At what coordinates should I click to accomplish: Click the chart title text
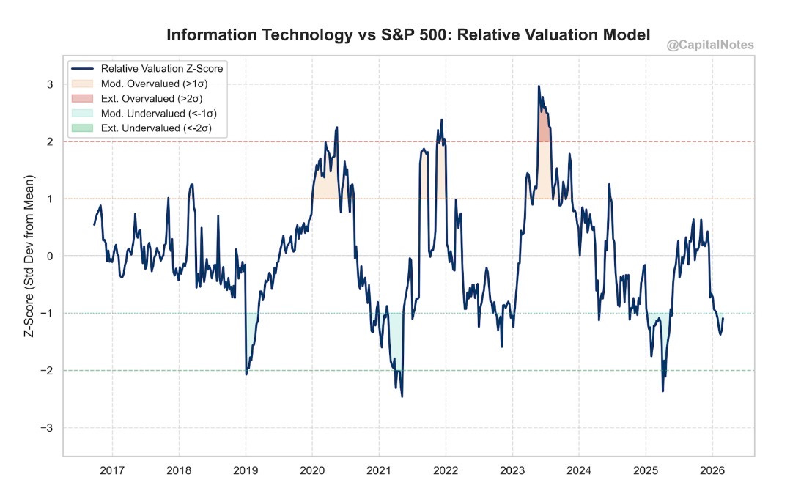pos(408,34)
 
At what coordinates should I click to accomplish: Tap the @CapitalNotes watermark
pos(710,46)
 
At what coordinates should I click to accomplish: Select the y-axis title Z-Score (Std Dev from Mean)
pos(31,256)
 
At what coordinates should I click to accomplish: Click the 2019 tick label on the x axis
pos(246,468)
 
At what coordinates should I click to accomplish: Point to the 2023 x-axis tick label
pos(512,468)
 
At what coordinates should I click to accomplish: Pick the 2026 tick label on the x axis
pos(712,468)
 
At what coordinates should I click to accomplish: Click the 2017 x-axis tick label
pos(112,468)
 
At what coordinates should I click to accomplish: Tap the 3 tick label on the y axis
pos(51,84)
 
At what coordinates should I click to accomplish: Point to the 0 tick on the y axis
pos(51,256)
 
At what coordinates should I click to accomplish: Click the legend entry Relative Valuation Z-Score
pos(162,68)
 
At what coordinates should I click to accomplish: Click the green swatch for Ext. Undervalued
pos(82,128)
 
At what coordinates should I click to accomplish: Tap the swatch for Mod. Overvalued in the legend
pos(82,84)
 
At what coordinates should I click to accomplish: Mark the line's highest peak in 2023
pos(539,86)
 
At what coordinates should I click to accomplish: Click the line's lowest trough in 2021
pos(402,396)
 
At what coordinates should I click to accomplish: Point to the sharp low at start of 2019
pos(246,374)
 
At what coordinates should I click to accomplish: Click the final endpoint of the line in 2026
pos(723,318)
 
